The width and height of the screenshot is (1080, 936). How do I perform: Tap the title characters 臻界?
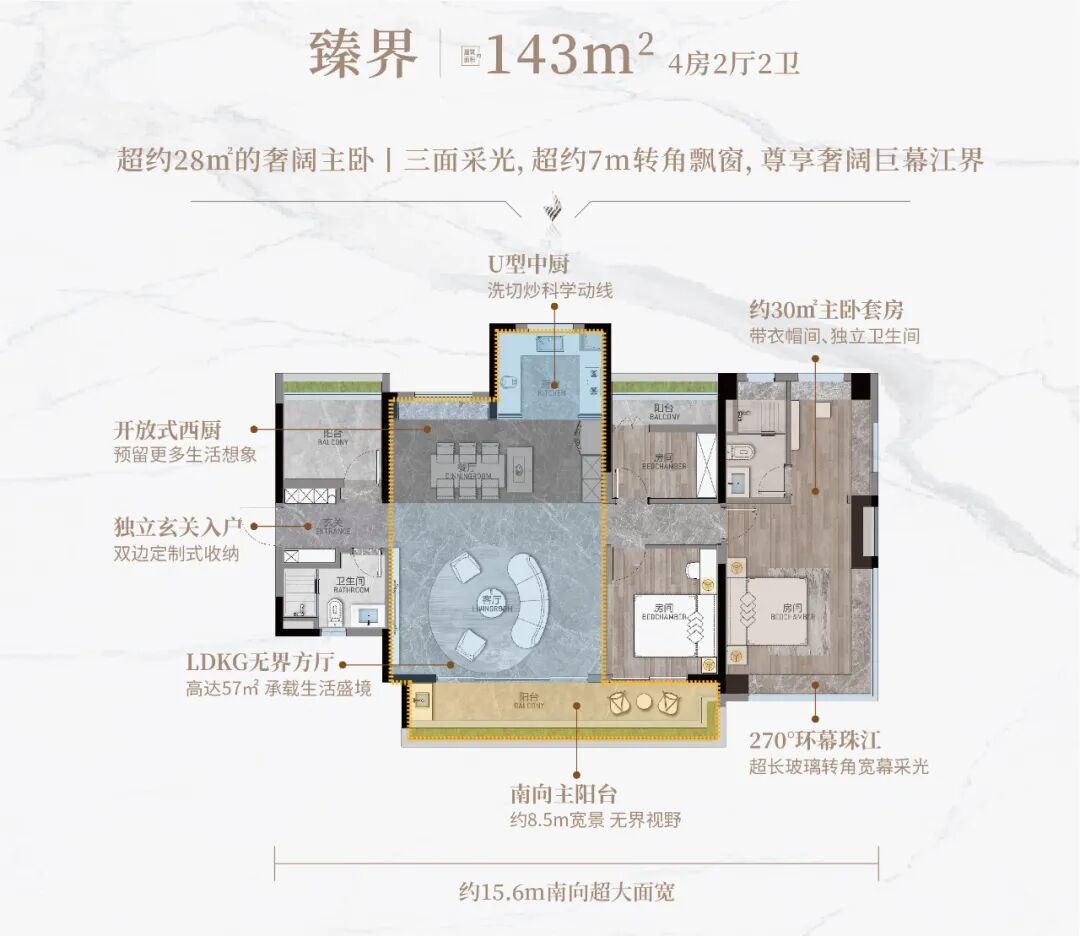[x=362, y=56]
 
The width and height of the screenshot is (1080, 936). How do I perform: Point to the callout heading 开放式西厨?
[x=167, y=430]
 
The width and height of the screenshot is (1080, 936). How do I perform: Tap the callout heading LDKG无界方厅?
[x=265, y=663]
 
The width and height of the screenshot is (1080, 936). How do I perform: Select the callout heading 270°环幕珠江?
[x=814, y=741]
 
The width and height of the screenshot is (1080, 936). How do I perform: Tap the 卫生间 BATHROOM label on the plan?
[x=350, y=583]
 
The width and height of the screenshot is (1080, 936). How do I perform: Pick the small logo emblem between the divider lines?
[x=549, y=209]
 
